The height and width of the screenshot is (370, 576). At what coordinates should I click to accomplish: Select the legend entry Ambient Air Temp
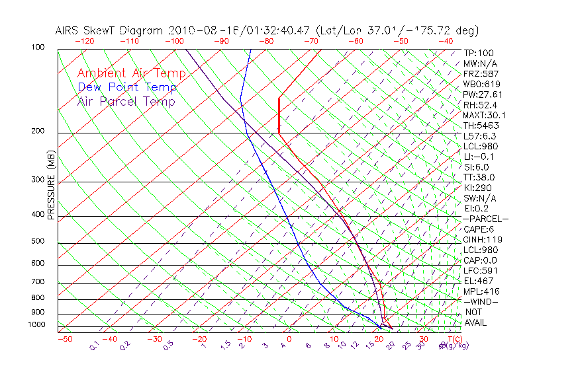point(131,73)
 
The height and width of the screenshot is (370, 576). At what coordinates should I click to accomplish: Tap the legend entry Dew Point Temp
point(127,87)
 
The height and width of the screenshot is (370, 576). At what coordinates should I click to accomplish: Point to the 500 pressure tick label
point(38,242)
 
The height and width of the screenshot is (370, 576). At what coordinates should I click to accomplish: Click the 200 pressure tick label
point(38,131)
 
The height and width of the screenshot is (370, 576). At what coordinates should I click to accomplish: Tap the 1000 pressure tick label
point(36,325)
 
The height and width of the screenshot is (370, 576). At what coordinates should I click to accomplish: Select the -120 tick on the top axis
point(85,41)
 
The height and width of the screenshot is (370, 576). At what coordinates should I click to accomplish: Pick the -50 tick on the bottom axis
point(64,339)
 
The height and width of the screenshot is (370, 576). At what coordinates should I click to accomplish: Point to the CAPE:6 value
point(477,229)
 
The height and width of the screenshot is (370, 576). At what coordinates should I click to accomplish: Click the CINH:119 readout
point(481,239)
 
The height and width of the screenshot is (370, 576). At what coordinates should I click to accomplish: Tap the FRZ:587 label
point(481,73)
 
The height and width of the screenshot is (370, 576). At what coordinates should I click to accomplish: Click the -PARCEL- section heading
point(485,219)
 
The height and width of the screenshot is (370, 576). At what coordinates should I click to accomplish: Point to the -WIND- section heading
point(481,301)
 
